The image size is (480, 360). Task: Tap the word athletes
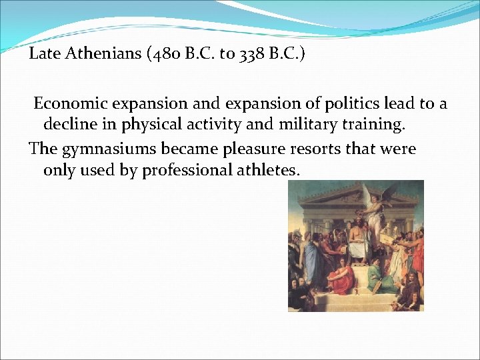[267, 171]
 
